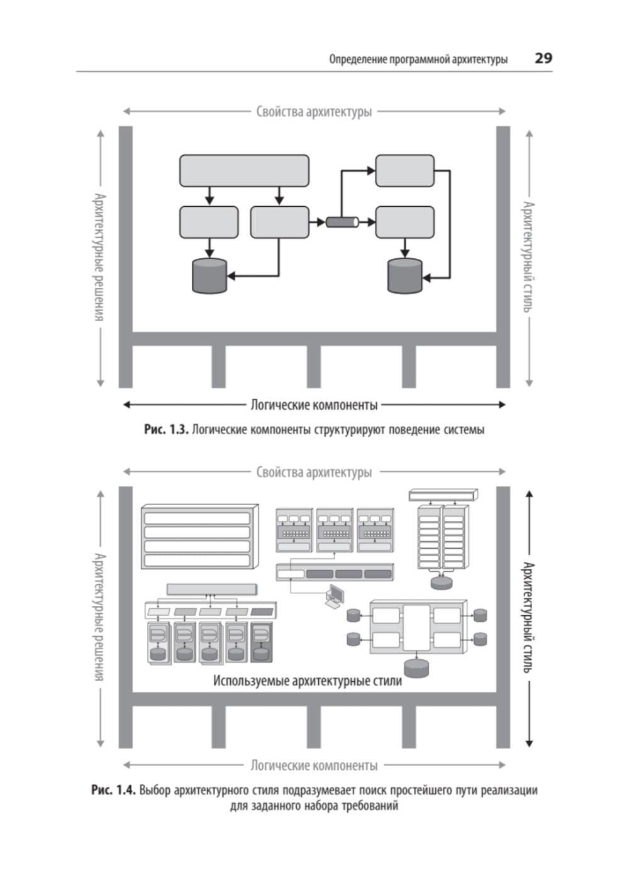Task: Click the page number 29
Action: [x=543, y=58]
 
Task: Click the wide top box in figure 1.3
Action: [x=244, y=170]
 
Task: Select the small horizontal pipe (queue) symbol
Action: [x=342, y=222]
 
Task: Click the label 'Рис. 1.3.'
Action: [x=166, y=430]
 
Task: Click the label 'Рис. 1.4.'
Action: [x=113, y=790]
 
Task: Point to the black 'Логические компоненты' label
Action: [x=314, y=405]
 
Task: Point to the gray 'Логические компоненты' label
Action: [x=314, y=765]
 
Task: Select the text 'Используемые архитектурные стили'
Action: [x=307, y=681]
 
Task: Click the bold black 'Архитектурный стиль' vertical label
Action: [x=528, y=617]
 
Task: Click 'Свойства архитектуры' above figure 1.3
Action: [x=314, y=112]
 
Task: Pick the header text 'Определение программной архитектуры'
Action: [x=418, y=60]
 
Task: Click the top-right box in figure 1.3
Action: [x=404, y=170]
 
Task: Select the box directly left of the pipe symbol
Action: [x=279, y=222]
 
